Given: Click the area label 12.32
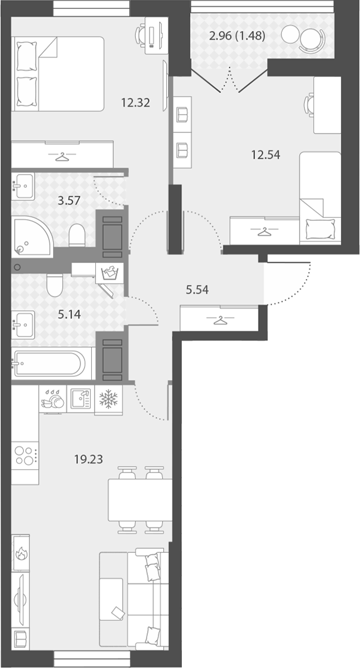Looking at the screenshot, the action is coord(135,103).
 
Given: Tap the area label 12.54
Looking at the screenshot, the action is coord(266,155).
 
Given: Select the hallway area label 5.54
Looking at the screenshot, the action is coord(197,290).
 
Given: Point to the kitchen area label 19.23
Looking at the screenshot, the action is coord(88,459).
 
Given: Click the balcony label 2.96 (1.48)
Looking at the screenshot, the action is coord(237,36).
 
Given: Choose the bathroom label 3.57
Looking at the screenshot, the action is coord(69,199).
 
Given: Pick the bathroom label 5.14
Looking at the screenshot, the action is coord(69,315).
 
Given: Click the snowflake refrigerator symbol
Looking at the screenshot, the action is coord(108,399).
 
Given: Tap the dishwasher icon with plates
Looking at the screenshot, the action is coord(53,399).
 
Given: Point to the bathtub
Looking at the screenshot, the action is coord(51,363).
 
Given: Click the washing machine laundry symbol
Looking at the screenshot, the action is coord(110,272).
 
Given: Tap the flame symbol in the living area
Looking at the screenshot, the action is coord(20,553).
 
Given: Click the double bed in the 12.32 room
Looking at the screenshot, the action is coord(58,74).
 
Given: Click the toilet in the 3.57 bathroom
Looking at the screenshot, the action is coord(77,235).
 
